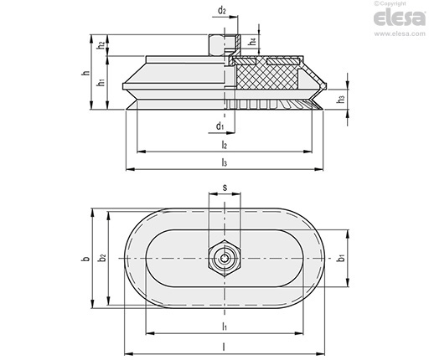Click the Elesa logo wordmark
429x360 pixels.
(400, 18)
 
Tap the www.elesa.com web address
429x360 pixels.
(400, 33)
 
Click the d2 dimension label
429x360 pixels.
(221, 11)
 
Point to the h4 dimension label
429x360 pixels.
(253, 42)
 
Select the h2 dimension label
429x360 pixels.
(101, 45)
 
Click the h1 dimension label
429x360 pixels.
(101, 82)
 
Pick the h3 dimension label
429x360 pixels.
(341, 99)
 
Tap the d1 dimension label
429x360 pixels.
(220, 126)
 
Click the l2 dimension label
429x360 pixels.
(225, 145)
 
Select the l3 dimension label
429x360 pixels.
(225, 162)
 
